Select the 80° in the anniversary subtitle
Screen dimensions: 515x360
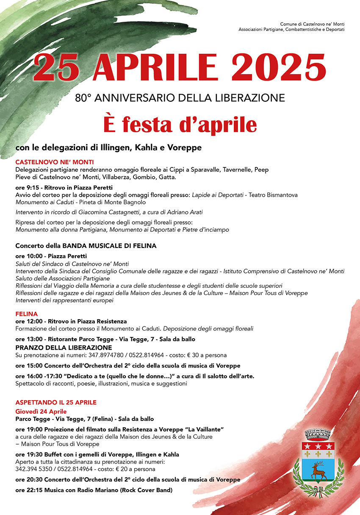coord(83,98)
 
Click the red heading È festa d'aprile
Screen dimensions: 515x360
coord(180,125)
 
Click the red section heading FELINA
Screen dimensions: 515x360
coord(27,314)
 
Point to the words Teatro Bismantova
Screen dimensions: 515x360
coord(273,195)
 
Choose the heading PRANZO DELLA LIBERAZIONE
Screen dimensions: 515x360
coord(64,348)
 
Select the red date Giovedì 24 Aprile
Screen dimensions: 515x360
coord(41,412)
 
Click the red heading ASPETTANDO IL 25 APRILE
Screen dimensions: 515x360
coord(56,402)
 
